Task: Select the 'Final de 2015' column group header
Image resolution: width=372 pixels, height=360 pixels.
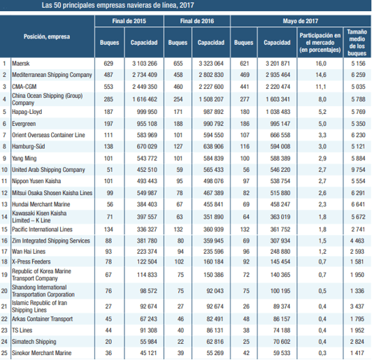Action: (129, 21)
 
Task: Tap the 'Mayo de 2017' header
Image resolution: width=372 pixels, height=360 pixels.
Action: (301, 21)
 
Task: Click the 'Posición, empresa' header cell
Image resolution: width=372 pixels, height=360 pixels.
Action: (47, 36)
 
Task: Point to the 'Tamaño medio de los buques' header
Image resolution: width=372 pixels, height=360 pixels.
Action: (357, 43)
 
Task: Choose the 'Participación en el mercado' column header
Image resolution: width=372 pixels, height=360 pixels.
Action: (320, 43)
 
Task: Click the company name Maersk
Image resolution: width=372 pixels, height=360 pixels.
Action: (21, 64)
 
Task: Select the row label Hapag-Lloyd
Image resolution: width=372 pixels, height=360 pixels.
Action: (27, 112)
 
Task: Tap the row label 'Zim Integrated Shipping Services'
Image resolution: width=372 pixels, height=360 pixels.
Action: (51, 240)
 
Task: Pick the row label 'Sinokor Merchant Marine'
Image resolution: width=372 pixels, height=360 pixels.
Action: (42, 353)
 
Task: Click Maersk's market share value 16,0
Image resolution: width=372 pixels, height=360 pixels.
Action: (321, 64)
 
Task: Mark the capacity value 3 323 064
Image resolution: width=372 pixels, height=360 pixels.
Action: (211, 64)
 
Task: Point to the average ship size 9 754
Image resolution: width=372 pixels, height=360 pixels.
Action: (358, 170)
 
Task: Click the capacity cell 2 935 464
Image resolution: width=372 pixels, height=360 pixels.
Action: (278, 75)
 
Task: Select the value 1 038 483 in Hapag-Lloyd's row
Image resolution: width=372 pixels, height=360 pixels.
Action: (278, 112)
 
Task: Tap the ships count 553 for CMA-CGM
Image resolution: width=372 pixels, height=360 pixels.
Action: (108, 87)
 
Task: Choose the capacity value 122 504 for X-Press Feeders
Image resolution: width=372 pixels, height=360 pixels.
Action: (147, 261)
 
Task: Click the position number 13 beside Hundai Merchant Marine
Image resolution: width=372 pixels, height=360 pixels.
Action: (4, 204)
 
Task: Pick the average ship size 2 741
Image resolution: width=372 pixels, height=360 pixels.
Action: (358, 229)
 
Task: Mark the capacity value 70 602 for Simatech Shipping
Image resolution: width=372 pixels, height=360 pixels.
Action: (282, 342)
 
